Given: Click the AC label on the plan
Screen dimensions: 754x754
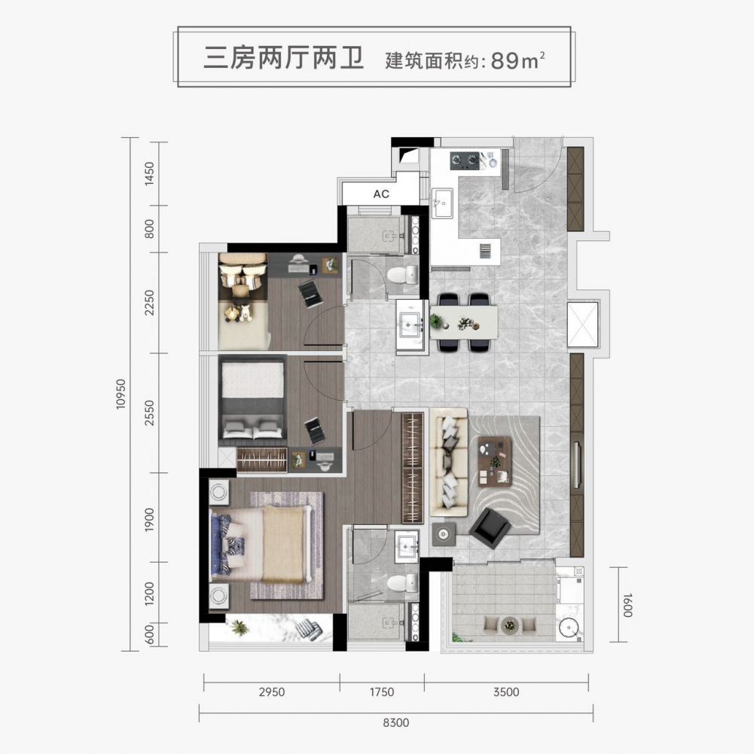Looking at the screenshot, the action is (x=381, y=194).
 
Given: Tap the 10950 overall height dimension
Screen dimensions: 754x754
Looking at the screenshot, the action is (x=121, y=394).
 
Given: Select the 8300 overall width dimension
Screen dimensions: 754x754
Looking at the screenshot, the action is (x=395, y=722).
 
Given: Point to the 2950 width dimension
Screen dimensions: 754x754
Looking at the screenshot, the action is (x=272, y=692).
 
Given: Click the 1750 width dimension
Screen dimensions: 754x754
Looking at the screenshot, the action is (x=382, y=692).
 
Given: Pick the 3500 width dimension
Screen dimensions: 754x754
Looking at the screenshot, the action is (x=506, y=692).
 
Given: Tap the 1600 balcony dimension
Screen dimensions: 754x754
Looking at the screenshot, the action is (x=627, y=605).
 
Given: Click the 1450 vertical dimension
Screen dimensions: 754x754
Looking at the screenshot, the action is (x=150, y=174).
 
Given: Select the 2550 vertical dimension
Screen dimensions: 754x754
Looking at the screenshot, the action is (x=150, y=413).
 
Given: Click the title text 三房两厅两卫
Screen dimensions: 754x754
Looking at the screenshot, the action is (x=284, y=58).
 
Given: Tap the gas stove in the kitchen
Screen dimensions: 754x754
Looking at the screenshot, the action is (x=465, y=160).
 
